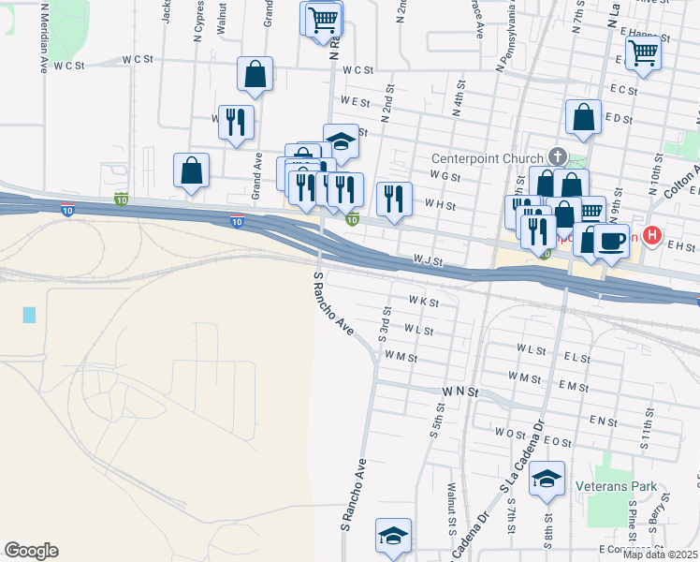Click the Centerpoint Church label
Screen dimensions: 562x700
(487, 158)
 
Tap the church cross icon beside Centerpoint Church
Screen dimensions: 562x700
(558, 155)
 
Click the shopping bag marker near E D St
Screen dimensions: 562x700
(583, 118)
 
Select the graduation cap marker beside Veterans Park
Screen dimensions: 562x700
(547, 480)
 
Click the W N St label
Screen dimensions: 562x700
(460, 390)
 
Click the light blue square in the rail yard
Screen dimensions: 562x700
(29, 315)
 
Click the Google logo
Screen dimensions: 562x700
(31, 551)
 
